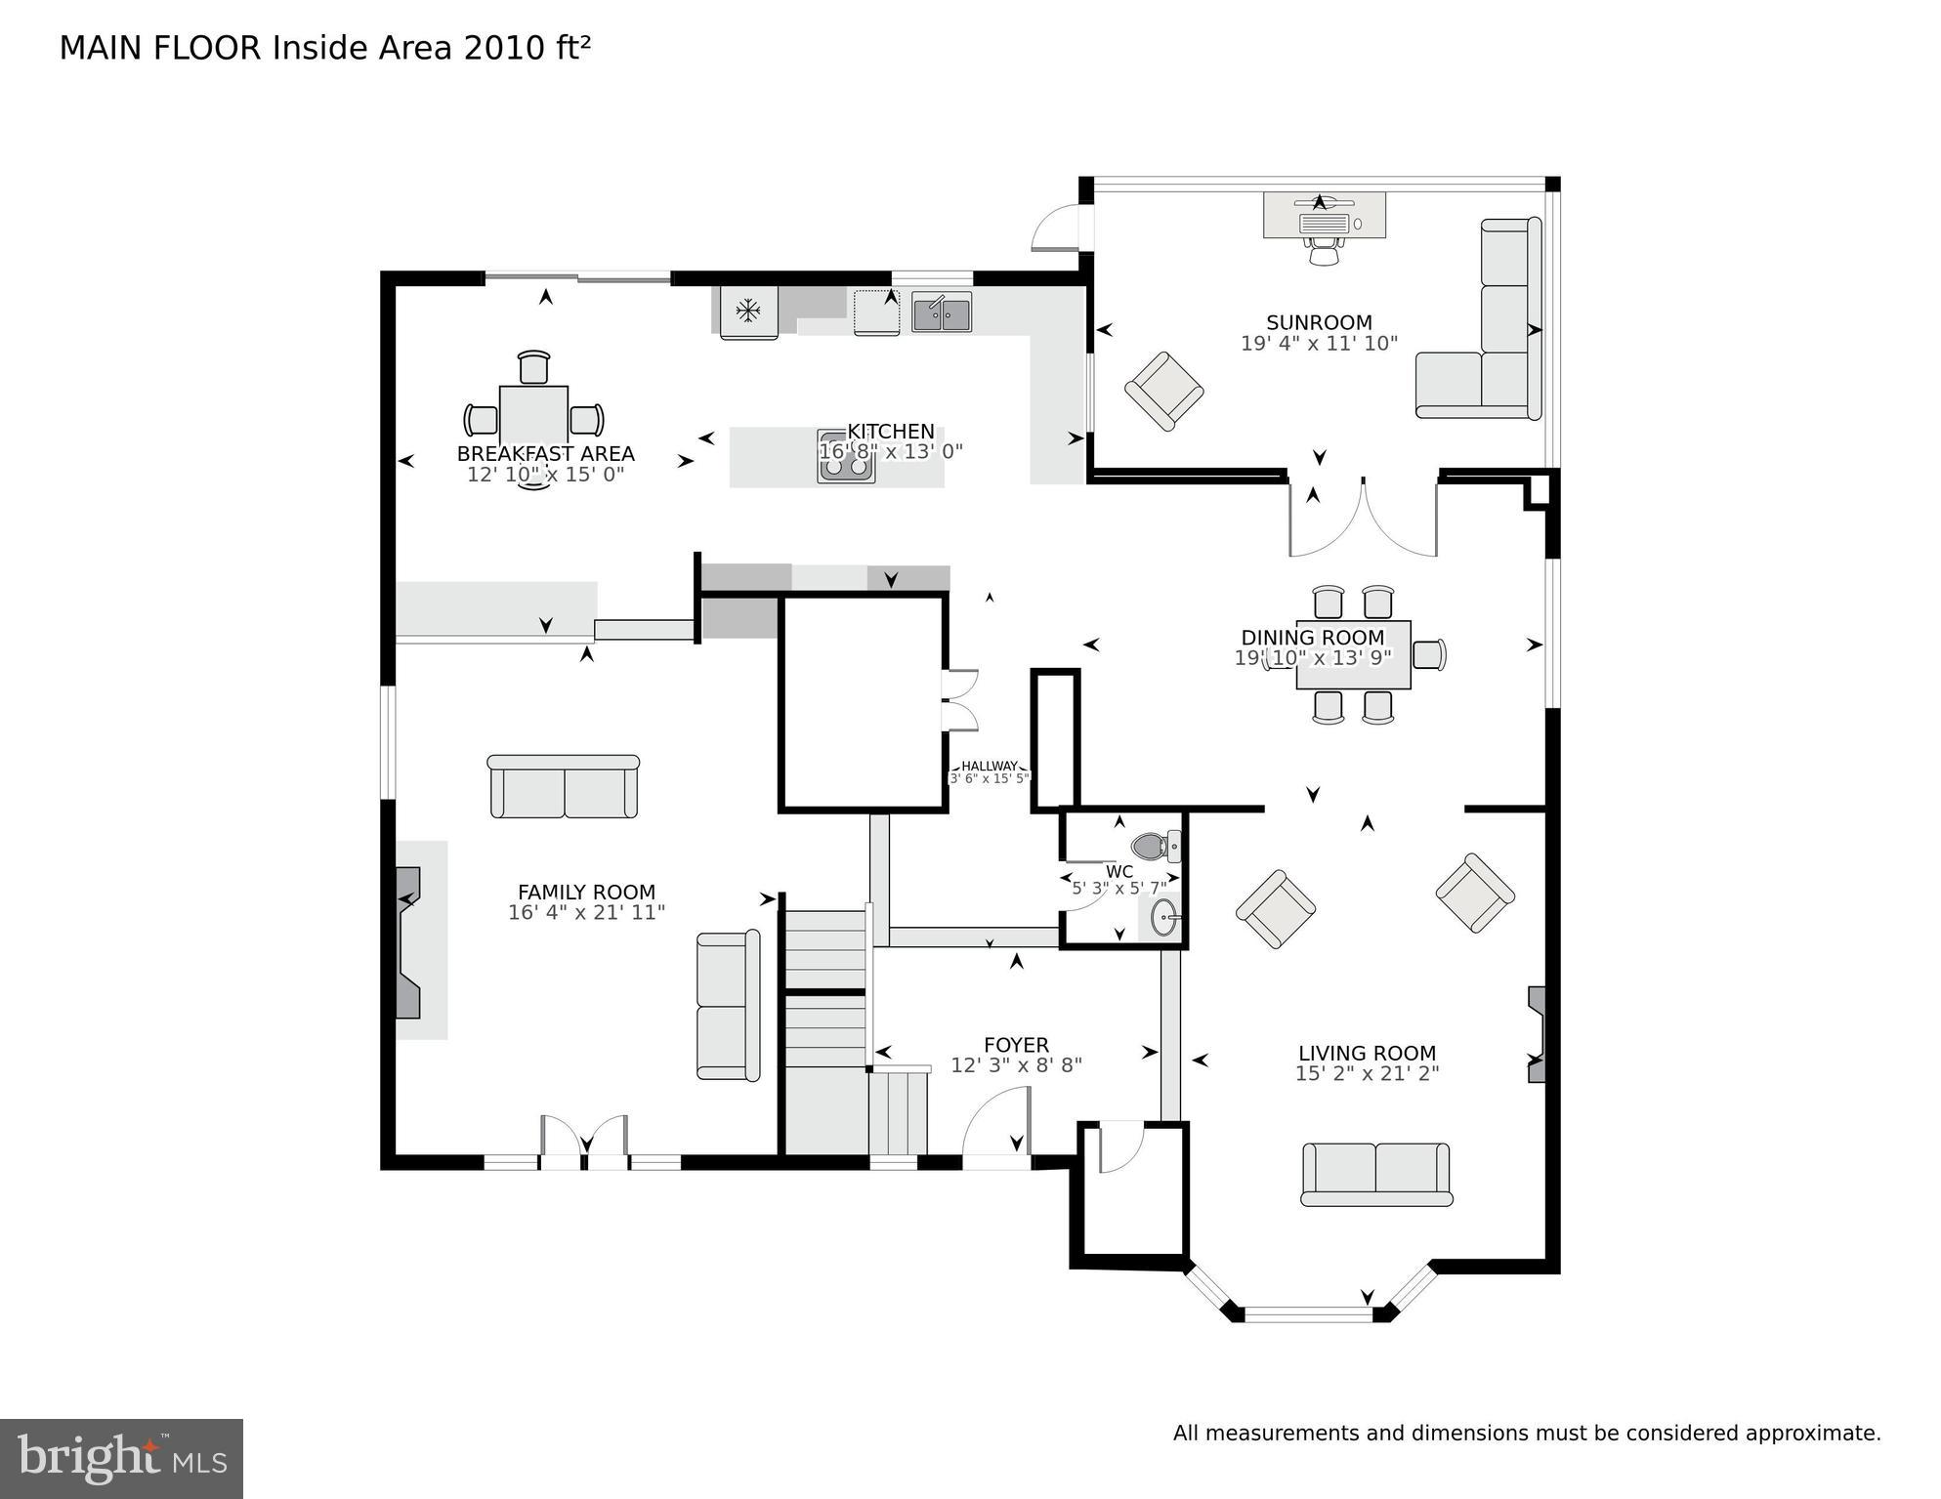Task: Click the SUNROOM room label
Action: pyautogui.click(x=1319, y=322)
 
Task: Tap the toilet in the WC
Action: pyautogui.click(x=1155, y=846)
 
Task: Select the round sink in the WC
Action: pyautogui.click(x=1163, y=918)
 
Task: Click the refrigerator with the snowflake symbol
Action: pyautogui.click(x=748, y=312)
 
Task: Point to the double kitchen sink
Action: pyautogui.click(x=942, y=313)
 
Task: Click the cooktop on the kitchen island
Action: pyautogui.click(x=846, y=458)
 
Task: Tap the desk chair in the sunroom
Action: pyautogui.click(x=1324, y=252)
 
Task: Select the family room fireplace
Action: pyautogui.click(x=409, y=943)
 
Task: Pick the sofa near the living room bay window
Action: pyautogui.click(x=1376, y=1174)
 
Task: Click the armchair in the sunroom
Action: pyautogui.click(x=1163, y=391)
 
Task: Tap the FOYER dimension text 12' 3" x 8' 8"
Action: pyautogui.click(x=1016, y=1065)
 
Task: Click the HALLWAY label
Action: pyautogui.click(x=989, y=767)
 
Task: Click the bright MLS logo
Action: pyautogui.click(x=121, y=1458)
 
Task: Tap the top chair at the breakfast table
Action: pyautogui.click(x=533, y=368)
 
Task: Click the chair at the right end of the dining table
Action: pyautogui.click(x=1428, y=654)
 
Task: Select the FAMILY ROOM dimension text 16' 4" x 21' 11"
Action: pyautogui.click(x=586, y=913)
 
